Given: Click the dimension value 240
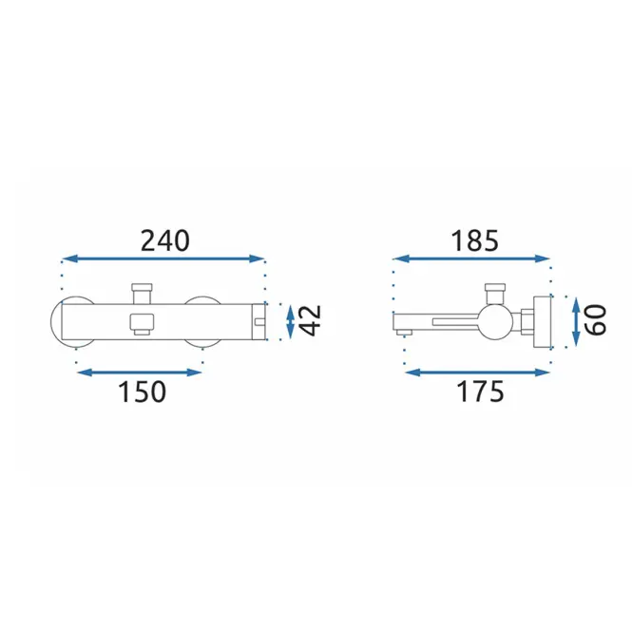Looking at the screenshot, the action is click(x=164, y=241).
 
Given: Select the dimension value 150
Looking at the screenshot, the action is click(x=142, y=392).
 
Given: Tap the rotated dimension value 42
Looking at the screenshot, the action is click(x=311, y=320).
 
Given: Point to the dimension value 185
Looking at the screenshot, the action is click(x=474, y=241).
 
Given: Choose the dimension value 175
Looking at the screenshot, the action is click(x=480, y=392).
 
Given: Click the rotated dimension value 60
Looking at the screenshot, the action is click(x=596, y=320).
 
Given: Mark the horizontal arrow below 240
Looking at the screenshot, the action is click(x=163, y=259).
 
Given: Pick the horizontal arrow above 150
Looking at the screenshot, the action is click(x=139, y=373).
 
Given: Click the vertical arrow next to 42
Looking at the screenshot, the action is click(x=290, y=321).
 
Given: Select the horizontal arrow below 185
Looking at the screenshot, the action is click(x=471, y=259).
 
